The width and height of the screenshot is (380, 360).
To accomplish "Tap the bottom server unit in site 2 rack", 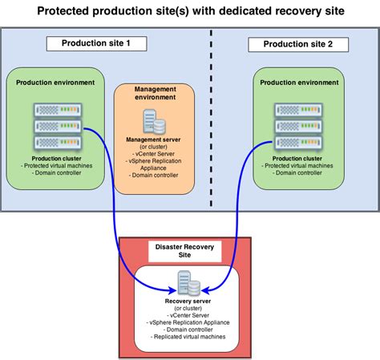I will pyautogui.click(x=299, y=144).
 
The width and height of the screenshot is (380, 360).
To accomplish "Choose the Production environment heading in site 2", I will pyautogui.click(x=298, y=83).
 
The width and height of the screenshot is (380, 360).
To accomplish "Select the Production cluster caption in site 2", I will pyautogui.click(x=298, y=158).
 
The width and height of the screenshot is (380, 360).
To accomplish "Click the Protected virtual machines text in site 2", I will pyautogui.click(x=298, y=165).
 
